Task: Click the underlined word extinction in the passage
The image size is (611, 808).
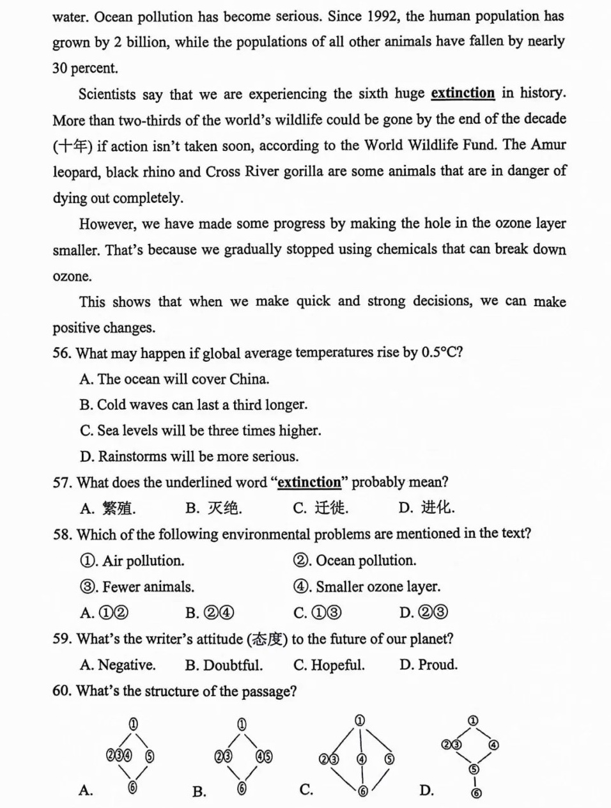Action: click(x=463, y=93)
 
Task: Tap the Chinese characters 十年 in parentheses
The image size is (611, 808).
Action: click(x=73, y=146)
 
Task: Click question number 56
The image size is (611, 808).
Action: click(x=62, y=353)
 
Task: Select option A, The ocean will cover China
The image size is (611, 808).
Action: click(x=174, y=379)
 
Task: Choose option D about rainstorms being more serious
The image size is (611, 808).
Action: click(x=189, y=456)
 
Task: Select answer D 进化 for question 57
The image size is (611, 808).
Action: click(x=427, y=508)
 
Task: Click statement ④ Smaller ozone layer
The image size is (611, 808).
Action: click(x=367, y=587)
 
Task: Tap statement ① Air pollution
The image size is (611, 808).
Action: click(x=132, y=561)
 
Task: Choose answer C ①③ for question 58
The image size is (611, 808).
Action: click(x=318, y=613)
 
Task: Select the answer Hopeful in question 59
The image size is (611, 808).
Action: click(x=329, y=665)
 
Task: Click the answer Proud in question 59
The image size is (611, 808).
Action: click(x=429, y=665)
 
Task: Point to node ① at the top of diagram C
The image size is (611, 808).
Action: click(x=360, y=720)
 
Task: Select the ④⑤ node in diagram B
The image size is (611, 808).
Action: click(x=264, y=757)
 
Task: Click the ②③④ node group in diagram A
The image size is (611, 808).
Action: click(x=120, y=756)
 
